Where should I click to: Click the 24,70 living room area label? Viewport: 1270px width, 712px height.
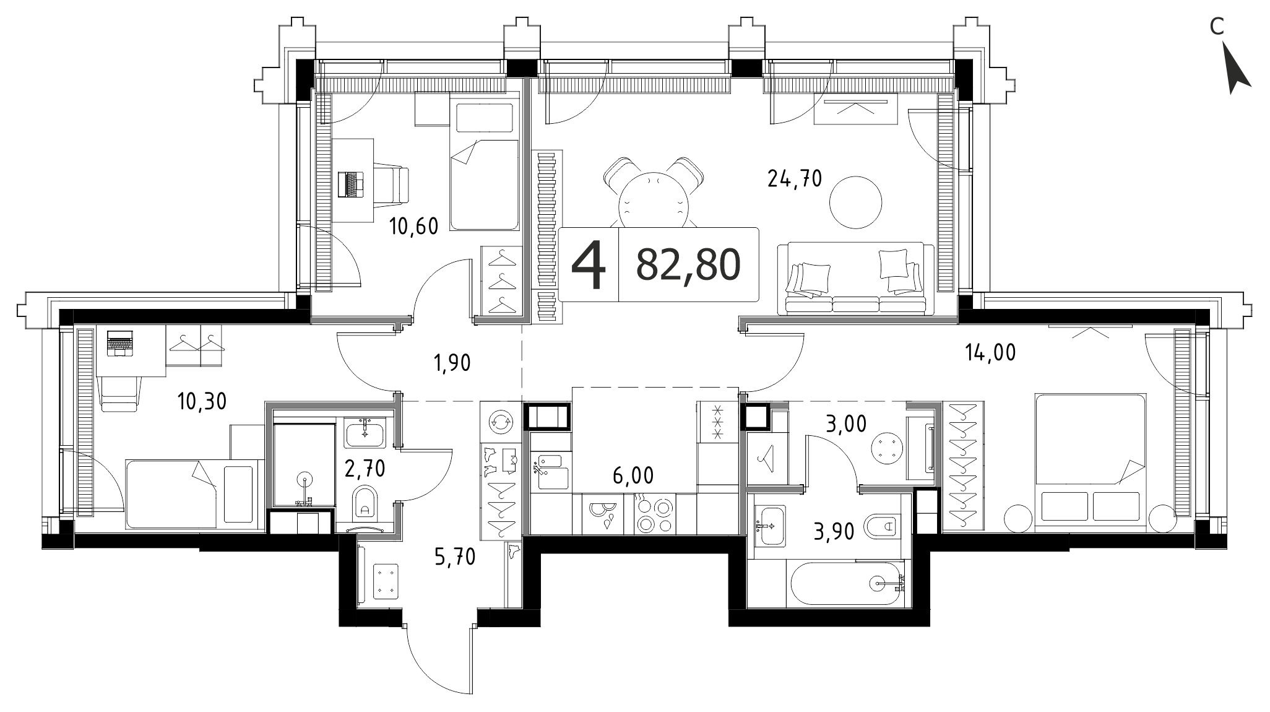tap(794, 179)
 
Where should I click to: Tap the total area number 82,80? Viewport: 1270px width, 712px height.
tap(688, 265)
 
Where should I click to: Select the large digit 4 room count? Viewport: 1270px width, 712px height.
tap(588, 264)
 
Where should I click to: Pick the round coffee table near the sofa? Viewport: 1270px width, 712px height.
tap(856, 202)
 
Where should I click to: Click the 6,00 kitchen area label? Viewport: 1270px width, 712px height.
tap(633, 475)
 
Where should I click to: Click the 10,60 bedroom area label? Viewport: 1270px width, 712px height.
tap(414, 227)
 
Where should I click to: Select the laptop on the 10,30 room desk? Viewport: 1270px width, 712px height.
tap(119, 343)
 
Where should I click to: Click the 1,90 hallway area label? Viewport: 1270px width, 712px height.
tap(451, 362)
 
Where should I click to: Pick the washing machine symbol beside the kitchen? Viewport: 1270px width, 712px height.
tap(501, 422)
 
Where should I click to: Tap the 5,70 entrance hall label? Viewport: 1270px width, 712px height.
tap(455, 558)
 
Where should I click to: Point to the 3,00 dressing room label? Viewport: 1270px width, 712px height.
tap(847, 424)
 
